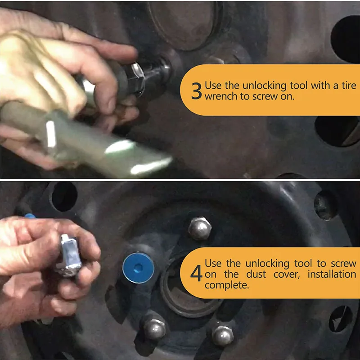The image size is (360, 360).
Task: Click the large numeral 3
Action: [197, 91]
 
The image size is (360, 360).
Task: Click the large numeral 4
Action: [196, 273]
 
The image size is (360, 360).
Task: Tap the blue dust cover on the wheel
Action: [139, 268]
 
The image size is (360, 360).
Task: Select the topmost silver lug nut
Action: [200, 229]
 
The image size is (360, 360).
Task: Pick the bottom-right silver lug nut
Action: [223, 335]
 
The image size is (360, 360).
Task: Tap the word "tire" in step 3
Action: [349, 85]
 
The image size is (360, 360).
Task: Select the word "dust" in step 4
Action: [256, 274]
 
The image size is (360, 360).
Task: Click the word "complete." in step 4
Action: [227, 285]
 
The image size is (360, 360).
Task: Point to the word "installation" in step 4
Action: [332, 274]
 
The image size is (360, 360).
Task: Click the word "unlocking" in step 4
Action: [267, 264]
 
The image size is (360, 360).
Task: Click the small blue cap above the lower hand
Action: [30, 216]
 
